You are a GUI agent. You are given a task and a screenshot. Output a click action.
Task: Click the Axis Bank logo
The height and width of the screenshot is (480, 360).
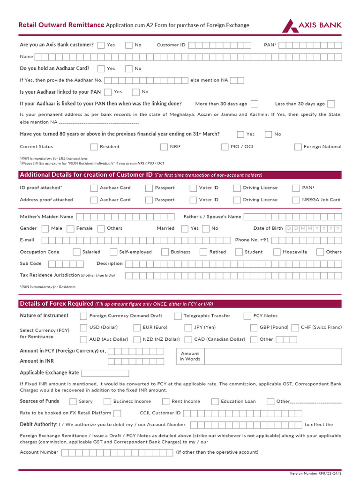point(311,25)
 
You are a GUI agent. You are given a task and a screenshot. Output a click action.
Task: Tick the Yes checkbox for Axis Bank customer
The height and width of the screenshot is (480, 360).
point(101,45)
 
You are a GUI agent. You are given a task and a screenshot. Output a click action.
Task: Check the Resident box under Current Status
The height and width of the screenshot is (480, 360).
point(93,147)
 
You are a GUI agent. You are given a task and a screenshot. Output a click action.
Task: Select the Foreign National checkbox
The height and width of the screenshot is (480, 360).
point(298,147)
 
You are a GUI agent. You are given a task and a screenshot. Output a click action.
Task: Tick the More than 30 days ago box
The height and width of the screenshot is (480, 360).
point(255,104)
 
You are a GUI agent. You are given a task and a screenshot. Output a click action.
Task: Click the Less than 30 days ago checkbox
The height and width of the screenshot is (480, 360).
point(331,104)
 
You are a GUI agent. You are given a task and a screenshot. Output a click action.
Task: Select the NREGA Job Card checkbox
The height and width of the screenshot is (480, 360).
point(296,200)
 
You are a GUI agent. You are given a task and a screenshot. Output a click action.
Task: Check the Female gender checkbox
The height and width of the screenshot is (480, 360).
point(70,228)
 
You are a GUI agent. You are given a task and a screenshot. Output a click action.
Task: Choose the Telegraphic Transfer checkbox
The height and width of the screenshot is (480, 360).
point(178,316)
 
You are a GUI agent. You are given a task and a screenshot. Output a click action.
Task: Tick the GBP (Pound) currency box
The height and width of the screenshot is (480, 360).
point(254,327)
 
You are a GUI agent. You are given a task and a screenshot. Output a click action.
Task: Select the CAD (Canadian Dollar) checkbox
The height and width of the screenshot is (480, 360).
point(188,339)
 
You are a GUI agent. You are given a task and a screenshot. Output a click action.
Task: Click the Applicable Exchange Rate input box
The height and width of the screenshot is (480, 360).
point(105,373)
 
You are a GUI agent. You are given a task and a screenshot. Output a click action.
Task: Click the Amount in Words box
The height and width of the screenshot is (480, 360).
point(273,357)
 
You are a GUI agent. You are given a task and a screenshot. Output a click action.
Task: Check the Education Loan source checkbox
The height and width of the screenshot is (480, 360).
point(215,401)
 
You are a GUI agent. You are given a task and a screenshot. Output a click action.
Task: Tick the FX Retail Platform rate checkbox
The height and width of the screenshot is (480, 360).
point(117,413)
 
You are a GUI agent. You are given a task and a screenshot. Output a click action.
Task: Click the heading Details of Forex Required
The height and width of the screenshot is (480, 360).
point(56,304)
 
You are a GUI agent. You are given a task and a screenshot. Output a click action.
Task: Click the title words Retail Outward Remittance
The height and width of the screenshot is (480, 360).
point(61,25)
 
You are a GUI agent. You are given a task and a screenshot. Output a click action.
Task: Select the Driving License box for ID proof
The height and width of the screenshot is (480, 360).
point(237,188)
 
